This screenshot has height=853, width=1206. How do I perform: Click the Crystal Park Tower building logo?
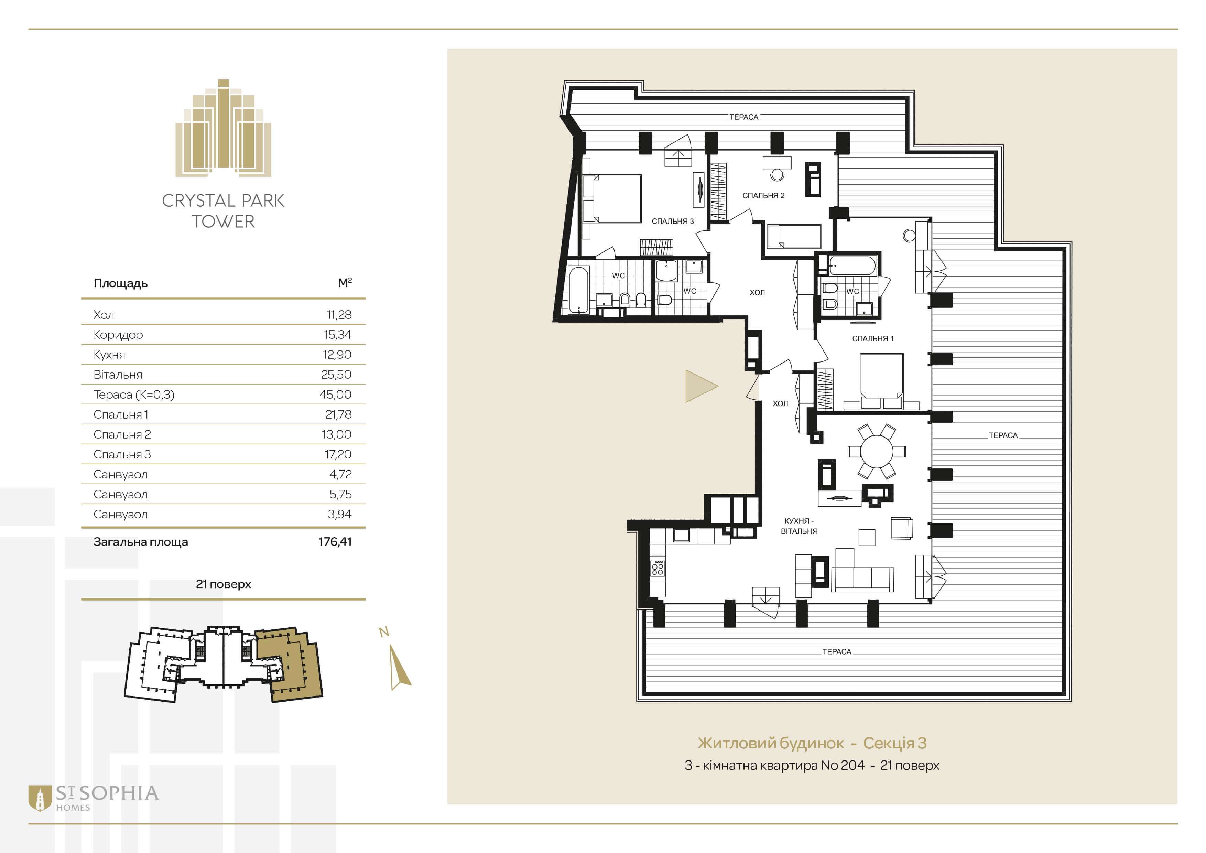(223, 128)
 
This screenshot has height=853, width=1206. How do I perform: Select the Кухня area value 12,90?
(337, 355)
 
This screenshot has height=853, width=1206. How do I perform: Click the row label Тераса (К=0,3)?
(134, 395)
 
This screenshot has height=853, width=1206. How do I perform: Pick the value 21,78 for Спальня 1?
(338, 414)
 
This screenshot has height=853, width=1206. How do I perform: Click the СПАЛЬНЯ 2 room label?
(763, 195)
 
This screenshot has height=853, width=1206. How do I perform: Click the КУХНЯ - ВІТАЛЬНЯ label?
(799, 526)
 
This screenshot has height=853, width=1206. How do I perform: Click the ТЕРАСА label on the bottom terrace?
(837, 652)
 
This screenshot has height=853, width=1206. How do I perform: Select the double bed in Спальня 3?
(612, 198)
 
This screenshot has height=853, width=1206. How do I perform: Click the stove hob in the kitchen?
(657, 568)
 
